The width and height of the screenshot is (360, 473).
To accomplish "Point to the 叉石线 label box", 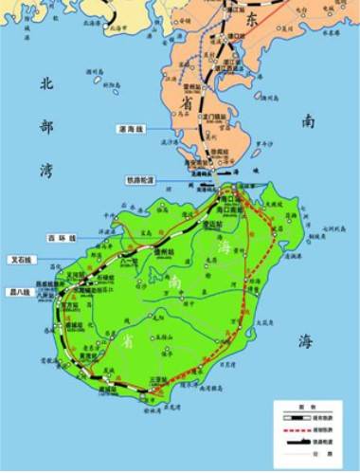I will point(21,258).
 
